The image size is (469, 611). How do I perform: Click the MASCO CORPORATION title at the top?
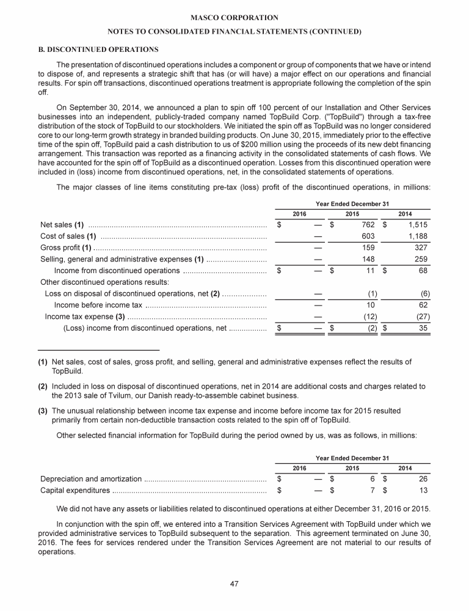pyautogui.click(x=234, y=18)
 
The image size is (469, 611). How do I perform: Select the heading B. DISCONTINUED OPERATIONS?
pyautogui.click(x=100, y=49)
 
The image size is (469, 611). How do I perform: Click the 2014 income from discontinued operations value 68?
pyautogui.click(x=422, y=271)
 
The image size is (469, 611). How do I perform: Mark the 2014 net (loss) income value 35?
pyautogui.click(x=422, y=328)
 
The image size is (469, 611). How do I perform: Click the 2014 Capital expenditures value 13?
pyautogui.click(x=422, y=490)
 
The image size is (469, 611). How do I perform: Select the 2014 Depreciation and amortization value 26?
pyautogui.click(x=422, y=478)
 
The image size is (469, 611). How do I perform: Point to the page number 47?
pyautogui.click(x=234, y=584)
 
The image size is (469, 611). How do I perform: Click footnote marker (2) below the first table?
pyautogui.click(x=43, y=386)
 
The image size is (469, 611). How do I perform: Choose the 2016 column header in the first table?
pyautogui.click(x=300, y=213)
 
